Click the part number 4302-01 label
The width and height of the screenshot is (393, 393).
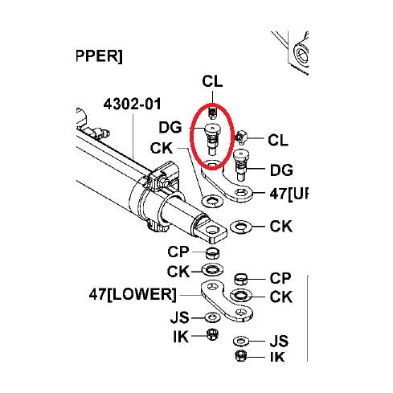[133, 104]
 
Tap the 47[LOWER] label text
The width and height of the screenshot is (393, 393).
[133, 294]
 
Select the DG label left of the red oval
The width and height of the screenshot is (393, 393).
[170, 127]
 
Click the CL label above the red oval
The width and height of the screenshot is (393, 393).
[212, 81]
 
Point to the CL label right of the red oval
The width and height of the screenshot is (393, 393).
[278, 140]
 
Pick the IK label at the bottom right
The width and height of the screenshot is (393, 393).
[277, 357]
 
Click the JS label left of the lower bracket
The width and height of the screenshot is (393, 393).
[180, 317]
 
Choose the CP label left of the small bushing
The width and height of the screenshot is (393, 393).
[178, 252]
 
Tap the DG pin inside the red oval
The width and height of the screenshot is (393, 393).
[212, 139]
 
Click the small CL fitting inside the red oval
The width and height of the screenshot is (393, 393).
[213, 113]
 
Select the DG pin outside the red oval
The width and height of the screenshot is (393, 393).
[241, 165]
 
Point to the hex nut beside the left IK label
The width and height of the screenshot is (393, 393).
[213, 334]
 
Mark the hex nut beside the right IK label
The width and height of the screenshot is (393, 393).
[240, 356]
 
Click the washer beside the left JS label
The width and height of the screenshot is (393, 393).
[213, 317]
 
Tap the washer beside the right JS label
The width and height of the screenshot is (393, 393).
[241, 341]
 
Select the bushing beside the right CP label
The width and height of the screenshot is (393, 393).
[240, 279]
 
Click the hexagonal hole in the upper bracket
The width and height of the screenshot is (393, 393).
[239, 193]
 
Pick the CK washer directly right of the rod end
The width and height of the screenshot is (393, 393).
[241, 227]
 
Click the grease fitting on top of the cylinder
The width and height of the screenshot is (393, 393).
[103, 133]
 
